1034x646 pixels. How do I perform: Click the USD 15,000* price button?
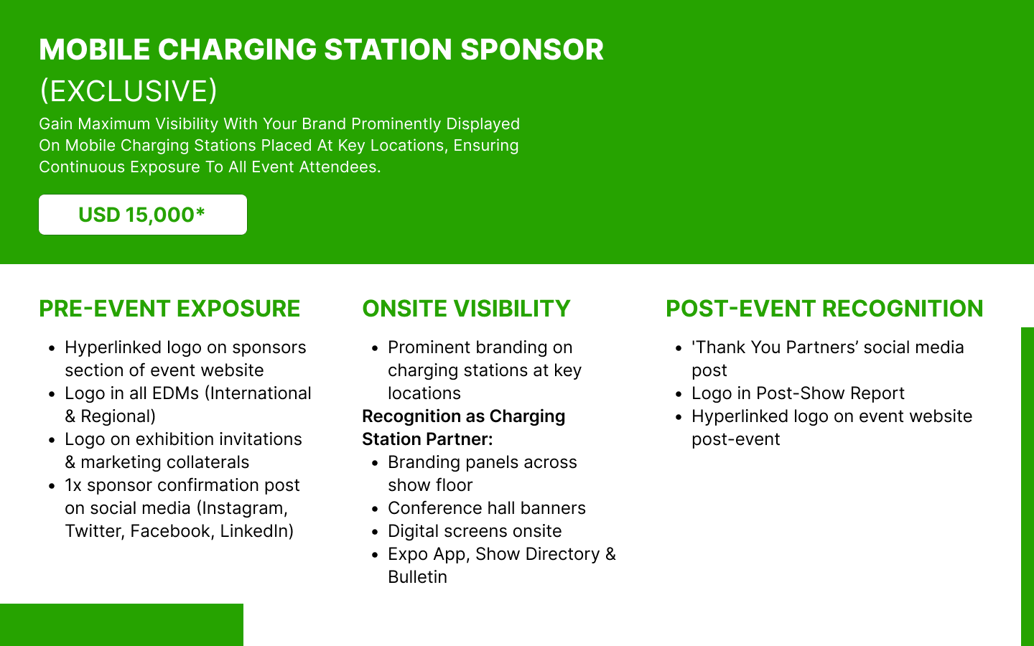[143, 215]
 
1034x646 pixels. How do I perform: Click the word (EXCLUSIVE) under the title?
[129, 91]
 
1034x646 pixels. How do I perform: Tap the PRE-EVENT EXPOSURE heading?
[169, 309]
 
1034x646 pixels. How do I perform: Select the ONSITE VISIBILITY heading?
[466, 309]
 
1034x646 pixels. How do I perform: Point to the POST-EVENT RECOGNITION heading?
[824, 309]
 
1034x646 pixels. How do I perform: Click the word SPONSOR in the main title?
[532, 50]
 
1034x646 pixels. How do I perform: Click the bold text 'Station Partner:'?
[427, 439]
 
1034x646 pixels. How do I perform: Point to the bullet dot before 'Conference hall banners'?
[375, 509]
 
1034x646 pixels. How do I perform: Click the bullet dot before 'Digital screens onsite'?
[375, 532]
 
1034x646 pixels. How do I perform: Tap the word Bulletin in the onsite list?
[417, 577]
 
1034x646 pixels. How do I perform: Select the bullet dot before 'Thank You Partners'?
[679, 348]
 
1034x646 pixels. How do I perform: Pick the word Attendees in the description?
[340, 167]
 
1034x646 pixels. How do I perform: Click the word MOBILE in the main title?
[95, 50]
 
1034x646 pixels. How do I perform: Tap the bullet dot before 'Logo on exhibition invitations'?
[52, 440]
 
